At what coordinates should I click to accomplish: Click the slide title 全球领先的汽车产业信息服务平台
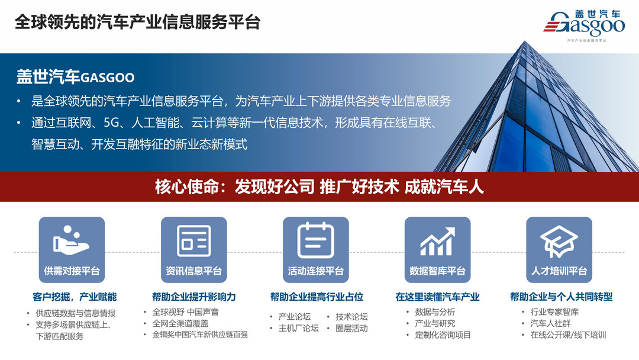point(137,22)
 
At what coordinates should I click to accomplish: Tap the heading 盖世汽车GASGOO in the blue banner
point(76,78)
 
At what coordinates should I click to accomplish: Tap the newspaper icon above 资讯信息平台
point(193,240)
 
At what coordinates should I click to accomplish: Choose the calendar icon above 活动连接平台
point(315,240)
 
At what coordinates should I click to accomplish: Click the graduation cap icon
point(559,240)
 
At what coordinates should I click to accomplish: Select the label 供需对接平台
point(72,271)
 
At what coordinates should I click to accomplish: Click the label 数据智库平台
point(437,271)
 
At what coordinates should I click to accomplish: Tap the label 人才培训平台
point(559,271)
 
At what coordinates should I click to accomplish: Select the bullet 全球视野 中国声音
point(185,312)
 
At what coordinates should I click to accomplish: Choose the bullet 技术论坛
point(351,317)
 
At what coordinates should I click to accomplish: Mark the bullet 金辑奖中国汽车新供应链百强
point(200,335)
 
